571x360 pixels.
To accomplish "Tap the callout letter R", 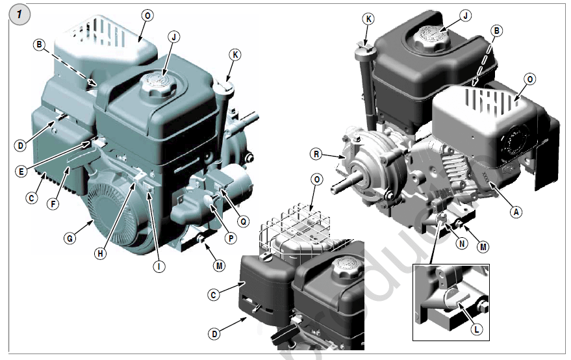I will (x=316, y=154).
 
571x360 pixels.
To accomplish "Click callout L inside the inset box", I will (x=476, y=329).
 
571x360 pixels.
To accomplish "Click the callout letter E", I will (x=22, y=172).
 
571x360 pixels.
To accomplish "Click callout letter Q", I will (x=244, y=221).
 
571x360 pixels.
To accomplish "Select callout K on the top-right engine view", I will (x=368, y=19).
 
